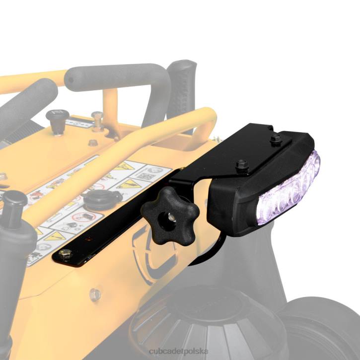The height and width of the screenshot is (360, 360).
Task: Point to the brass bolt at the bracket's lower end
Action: [x=63, y=254]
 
